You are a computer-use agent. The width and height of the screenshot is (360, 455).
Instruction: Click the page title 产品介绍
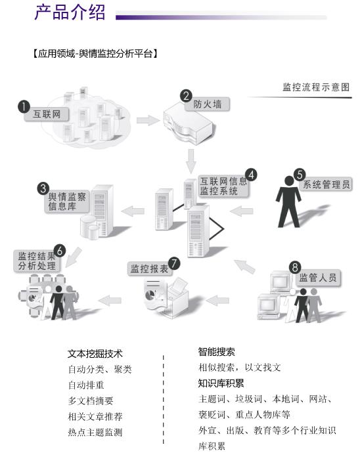click(x=70, y=12)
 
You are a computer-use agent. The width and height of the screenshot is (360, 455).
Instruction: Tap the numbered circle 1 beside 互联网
click(x=24, y=106)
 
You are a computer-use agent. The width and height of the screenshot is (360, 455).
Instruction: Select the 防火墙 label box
click(x=208, y=104)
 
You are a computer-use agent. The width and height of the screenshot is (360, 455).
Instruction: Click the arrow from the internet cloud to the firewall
click(x=148, y=120)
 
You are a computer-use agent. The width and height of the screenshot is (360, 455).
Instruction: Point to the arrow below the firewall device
click(x=191, y=161)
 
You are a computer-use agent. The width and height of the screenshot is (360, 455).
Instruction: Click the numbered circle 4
click(x=251, y=175)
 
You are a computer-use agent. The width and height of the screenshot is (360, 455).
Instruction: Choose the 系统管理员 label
click(x=326, y=184)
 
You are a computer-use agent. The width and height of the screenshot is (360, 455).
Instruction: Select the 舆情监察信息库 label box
click(x=67, y=202)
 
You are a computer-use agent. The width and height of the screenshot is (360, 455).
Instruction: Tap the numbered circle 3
click(x=43, y=188)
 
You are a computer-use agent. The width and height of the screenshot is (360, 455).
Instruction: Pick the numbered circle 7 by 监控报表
click(x=174, y=263)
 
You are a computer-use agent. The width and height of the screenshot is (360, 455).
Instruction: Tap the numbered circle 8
click(x=295, y=267)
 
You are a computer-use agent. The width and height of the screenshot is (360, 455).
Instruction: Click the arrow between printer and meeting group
click(x=110, y=300)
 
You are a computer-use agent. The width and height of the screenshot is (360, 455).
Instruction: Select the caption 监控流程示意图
click(x=316, y=87)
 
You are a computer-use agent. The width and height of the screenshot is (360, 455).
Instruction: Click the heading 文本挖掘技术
click(x=95, y=354)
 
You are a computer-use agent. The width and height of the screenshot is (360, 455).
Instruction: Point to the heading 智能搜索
click(x=217, y=352)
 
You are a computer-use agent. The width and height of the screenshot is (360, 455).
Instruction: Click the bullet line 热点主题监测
click(x=95, y=432)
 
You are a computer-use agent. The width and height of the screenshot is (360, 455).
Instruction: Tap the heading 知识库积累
click(x=221, y=383)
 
